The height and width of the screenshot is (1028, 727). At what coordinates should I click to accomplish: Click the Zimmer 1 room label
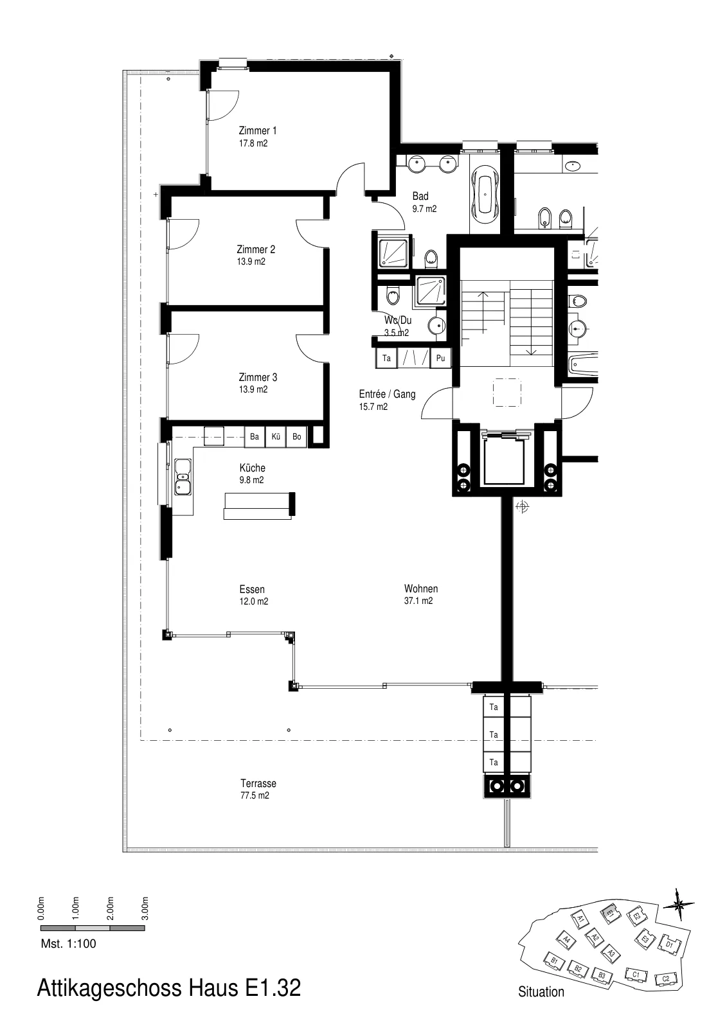click(257, 131)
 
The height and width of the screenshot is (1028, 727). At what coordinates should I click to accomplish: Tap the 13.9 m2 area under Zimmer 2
click(251, 261)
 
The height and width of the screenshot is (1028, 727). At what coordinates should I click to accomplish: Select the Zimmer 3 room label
click(258, 377)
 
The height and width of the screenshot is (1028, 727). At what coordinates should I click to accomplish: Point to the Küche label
click(252, 468)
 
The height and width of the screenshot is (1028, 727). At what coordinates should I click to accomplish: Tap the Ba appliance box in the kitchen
click(255, 436)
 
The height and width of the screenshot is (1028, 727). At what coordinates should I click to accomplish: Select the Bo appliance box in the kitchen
click(297, 436)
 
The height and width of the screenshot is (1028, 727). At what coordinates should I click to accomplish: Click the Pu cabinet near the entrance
click(440, 358)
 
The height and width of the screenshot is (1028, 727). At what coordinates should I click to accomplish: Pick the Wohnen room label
click(420, 589)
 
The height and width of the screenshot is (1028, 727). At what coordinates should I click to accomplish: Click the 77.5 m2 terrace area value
click(255, 795)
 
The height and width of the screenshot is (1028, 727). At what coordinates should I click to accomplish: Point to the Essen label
click(252, 589)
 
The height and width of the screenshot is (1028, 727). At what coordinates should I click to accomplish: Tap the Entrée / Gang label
click(387, 394)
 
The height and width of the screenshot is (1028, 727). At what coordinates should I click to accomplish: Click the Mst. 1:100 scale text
click(68, 944)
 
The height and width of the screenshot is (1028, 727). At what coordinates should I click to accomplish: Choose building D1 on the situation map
click(670, 944)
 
